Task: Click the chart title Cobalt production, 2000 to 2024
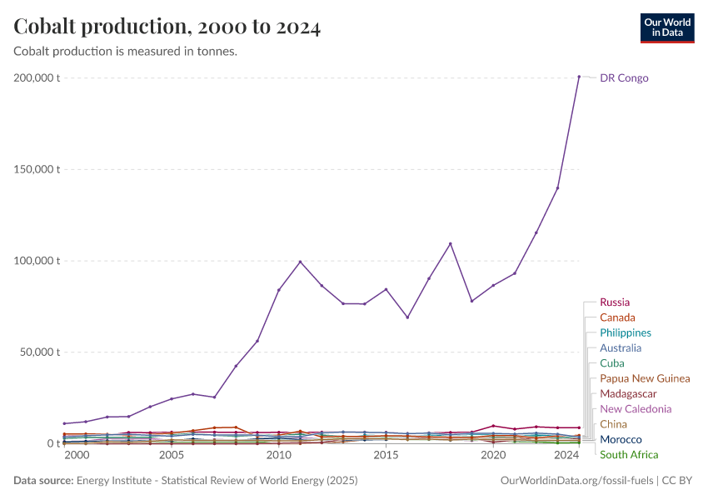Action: pyautogui.click(x=167, y=27)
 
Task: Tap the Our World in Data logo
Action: pyautogui.click(x=666, y=27)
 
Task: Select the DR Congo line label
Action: pyautogui.click(x=624, y=78)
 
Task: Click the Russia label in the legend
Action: pyautogui.click(x=615, y=302)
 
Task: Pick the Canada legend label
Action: pyautogui.click(x=617, y=317)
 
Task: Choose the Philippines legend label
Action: pyautogui.click(x=626, y=332)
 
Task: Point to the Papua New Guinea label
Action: pyautogui.click(x=645, y=378)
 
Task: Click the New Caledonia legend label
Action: pyautogui.click(x=636, y=409)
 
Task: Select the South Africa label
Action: pyautogui.click(x=629, y=454)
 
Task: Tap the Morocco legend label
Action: pyautogui.click(x=621, y=439)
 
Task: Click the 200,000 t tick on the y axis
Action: pyautogui.click(x=37, y=78)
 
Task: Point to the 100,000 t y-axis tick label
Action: pyautogui.click(x=37, y=261)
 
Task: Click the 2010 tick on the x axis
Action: pyautogui.click(x=278, y=456)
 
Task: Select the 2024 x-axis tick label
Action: pyautogui.click(x=566, y=456)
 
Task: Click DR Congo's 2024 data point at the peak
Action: pyautogui.click(x=579, y=77)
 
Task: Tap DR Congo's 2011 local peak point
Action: pyautogui.click(x=300, y=262)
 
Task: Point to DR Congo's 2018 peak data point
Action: pyautogui.click(x=451, y=243)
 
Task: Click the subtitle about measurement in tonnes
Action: pyautogui.click(x=126, y=52)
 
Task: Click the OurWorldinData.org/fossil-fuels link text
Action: pyautogui.click(x=576, y=481)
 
